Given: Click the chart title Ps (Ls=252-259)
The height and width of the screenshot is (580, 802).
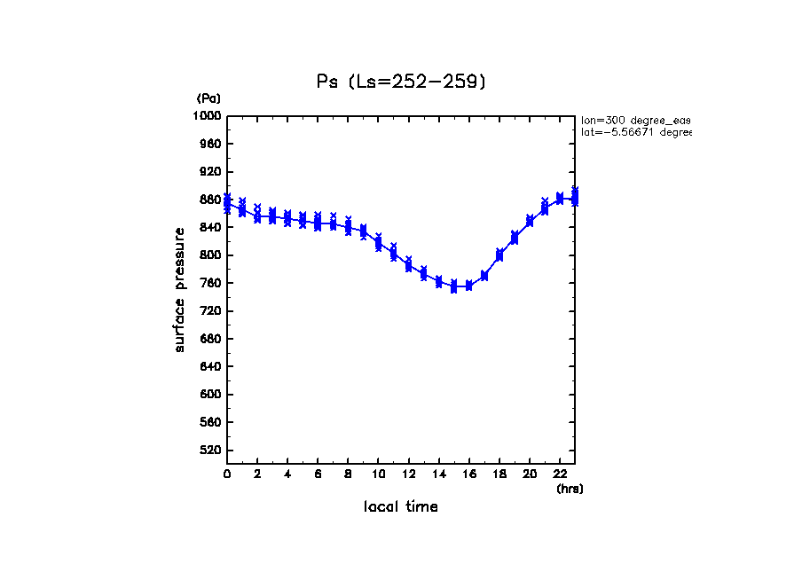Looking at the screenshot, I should click(x=401, y=82).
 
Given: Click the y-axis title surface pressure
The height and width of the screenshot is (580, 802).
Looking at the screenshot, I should click(x=180, y=289).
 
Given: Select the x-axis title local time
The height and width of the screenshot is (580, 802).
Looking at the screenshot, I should click(x=401, y=507).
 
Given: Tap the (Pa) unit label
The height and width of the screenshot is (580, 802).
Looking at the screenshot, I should click(x=208, y=98).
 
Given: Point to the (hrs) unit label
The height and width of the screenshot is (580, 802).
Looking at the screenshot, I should click(x=570, y=489).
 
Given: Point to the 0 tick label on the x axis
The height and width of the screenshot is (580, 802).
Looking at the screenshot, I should click(x=227, y=474).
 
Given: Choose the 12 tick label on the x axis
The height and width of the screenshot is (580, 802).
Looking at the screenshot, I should click(x=408, y=474).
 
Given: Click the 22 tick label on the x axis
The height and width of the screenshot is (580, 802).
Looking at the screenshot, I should click(x=560, y=474).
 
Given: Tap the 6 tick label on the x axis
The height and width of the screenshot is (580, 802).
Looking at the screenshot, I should click(x=318, y=474).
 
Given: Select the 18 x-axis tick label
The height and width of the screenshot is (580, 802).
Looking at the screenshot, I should click(x=499, y=474).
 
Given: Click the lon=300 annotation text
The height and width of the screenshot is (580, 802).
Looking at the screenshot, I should click(x=635, y=120).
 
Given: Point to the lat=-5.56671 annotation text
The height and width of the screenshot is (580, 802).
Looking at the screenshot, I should click(x=635, y=132).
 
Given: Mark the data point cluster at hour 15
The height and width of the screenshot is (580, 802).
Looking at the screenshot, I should click(x=454, y=286).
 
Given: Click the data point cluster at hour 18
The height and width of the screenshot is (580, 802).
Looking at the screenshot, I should click(x=499, y=255).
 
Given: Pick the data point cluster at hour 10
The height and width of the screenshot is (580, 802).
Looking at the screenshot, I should click(x=379, y=242).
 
